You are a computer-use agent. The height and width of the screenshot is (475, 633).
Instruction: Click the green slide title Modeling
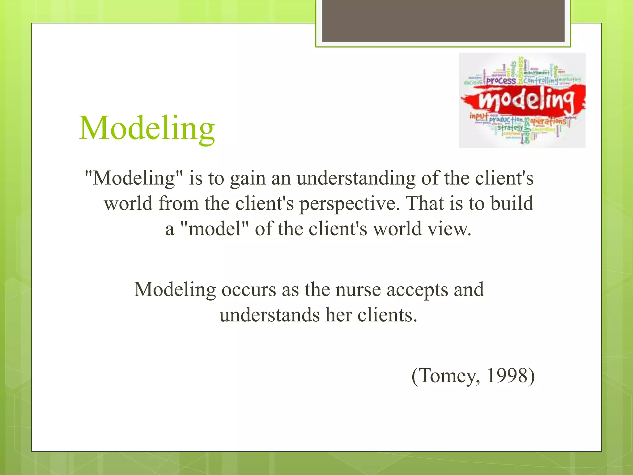(x=147, y=128)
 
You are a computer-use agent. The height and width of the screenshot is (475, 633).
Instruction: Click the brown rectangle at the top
(x=443, y=20)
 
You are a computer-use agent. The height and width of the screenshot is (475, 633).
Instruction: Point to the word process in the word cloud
(x=501, y=81)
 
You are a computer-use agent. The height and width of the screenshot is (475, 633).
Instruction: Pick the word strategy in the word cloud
(x=510, y=127)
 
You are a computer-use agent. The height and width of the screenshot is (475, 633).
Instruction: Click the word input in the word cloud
(x=479, y=116)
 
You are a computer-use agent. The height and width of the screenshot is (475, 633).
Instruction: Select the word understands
(x=270, y=315)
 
